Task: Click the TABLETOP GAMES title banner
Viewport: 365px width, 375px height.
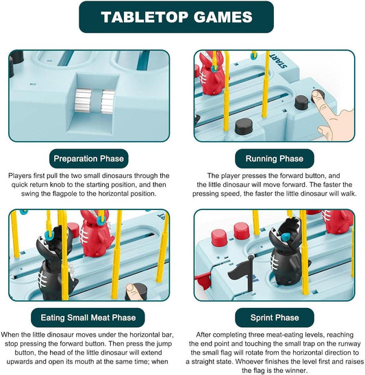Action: tap(177, 17)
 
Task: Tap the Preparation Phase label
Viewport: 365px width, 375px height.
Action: tap(88, 159)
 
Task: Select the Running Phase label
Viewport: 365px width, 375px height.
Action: tap(275, 159)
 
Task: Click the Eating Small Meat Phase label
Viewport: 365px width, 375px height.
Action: tap(88, 318)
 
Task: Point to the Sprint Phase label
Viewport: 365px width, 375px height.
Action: tap(275, 318)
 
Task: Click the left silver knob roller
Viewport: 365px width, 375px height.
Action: tap(83, 100)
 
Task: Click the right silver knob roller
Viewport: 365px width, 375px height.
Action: tap(108, 101)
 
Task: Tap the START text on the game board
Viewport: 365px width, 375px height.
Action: tap(278, 60)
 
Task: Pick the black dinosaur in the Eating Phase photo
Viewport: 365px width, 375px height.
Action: tap(55, 263)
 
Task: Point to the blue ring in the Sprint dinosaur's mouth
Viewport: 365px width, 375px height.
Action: tap(285, 237)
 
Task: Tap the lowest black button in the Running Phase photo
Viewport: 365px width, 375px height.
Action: tap(244, 126)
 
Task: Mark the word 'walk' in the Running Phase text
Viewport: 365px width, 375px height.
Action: tap(349, 194)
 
